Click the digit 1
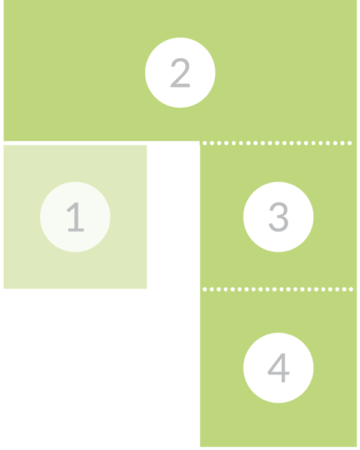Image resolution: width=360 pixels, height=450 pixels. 76,217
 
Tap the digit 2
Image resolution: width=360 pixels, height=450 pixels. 180,73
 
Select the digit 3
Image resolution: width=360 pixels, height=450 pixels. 278,217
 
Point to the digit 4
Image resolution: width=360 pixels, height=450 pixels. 278,368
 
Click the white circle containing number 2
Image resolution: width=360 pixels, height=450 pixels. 180,73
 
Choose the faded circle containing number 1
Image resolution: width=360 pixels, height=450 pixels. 75,217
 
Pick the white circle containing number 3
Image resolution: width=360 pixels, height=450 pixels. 278,217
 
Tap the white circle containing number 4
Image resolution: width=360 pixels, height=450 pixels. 278,368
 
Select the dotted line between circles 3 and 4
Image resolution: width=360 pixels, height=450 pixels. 278,289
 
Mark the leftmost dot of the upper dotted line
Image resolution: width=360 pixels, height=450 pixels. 205,143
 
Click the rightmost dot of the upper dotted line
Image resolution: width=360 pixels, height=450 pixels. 350,143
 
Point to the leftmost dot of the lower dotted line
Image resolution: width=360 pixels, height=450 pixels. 205,289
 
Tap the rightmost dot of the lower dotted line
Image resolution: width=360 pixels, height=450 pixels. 351,289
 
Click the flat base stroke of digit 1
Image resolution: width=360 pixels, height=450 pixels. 76,230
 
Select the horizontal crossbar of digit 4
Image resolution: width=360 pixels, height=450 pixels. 278,373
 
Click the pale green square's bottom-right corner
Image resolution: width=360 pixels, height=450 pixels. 146,289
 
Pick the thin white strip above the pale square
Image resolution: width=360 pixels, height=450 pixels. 101,143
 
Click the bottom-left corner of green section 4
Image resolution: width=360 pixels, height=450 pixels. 200,446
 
